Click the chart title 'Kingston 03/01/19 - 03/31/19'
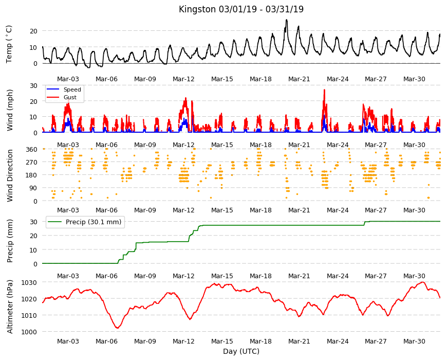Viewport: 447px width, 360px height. [241, 9]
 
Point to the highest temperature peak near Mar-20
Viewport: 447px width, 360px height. [287, 20]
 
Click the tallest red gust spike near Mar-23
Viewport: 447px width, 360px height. [324, 90]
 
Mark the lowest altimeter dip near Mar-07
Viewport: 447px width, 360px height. [117, 328]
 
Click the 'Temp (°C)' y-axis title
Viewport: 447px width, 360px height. [9, 44]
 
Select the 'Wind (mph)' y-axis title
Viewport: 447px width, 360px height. [10, 110]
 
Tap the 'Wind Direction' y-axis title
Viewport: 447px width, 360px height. [10, 176]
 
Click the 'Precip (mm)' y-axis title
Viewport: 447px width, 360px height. [10, 241]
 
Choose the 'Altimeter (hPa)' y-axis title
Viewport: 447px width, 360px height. [10, 307]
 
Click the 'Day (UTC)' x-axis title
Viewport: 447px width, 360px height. [241, 351]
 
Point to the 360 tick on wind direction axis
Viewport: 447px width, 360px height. [32, 150]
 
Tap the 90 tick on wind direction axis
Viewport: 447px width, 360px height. [33, 188]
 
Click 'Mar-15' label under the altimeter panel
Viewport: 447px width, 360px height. [222, 341]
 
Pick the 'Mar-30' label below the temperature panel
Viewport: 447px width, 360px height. [414, 79]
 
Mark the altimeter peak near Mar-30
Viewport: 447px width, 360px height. [422, 282]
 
